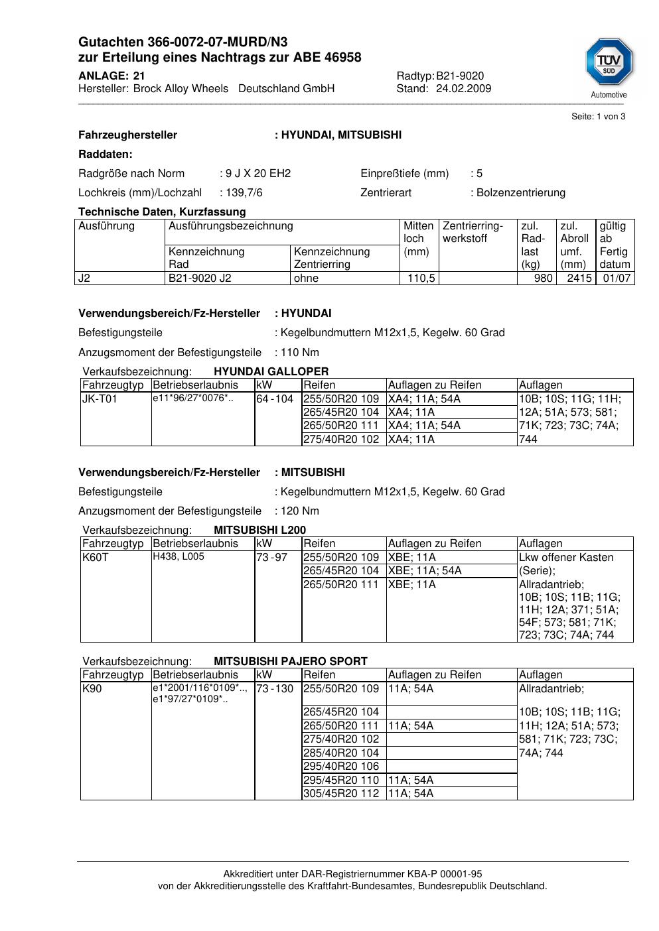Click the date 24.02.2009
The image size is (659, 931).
(x=463, y=89)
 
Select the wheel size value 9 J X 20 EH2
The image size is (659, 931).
(x=258, y=174)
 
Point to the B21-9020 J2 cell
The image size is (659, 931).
(x=200, y=279)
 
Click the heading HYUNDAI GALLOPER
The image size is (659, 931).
(x=271, y=371)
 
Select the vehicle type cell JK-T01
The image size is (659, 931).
(x=100, y=399)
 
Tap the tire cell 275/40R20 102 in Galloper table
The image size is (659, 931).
(x=341, y=439)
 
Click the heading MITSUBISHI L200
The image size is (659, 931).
(x=259, y=530)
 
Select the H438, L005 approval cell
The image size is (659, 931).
(x=179, y=557)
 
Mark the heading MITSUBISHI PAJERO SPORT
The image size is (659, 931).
(x=290, y=661)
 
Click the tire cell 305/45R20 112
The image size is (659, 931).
(x=341, y=794)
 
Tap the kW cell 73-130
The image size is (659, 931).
(x=275, y=689)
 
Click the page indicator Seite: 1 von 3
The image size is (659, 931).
(x=598, y=117)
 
